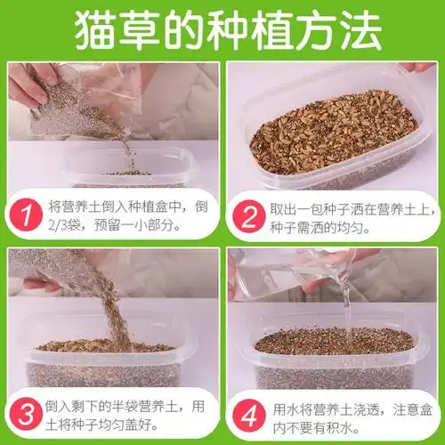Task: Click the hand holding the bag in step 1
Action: pyautogui.click(x=31, y=85)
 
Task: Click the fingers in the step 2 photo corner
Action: pyautogui.click(x=418, y=67)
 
